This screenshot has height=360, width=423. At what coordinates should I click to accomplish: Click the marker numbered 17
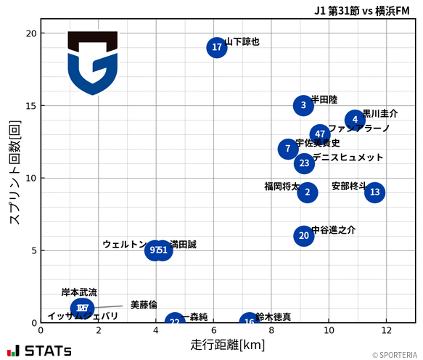coord(217,48)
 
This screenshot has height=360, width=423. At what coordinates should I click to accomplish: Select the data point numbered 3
coord(304,105)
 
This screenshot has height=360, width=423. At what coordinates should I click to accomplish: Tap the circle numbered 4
coord(355,120)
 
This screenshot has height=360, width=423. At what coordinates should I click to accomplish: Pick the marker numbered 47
coord(320,134)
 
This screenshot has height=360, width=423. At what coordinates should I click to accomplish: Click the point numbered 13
coord(374,192)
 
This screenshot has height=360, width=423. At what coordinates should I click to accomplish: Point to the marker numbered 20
coord(304,236)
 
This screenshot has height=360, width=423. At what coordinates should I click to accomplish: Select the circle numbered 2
coord(308,192)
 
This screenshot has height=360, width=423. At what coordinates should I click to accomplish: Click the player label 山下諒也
coord(242,42)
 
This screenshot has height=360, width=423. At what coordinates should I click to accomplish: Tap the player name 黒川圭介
coord(380,114)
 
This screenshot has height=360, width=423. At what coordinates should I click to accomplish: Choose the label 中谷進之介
coord(334,230)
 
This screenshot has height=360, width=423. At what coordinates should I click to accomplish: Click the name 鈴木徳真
coord(274,317)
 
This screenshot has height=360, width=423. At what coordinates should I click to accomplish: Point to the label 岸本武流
coord(79,292)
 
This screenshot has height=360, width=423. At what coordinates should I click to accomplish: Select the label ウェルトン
coord(124,245)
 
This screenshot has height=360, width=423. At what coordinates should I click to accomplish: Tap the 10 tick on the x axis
coord(329,331)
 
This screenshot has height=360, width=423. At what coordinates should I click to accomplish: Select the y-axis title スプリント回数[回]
coord(13,174)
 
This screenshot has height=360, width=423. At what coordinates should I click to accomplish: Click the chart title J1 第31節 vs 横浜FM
coord(361,11)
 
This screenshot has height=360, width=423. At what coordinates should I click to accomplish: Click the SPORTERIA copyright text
coord(395,355)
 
